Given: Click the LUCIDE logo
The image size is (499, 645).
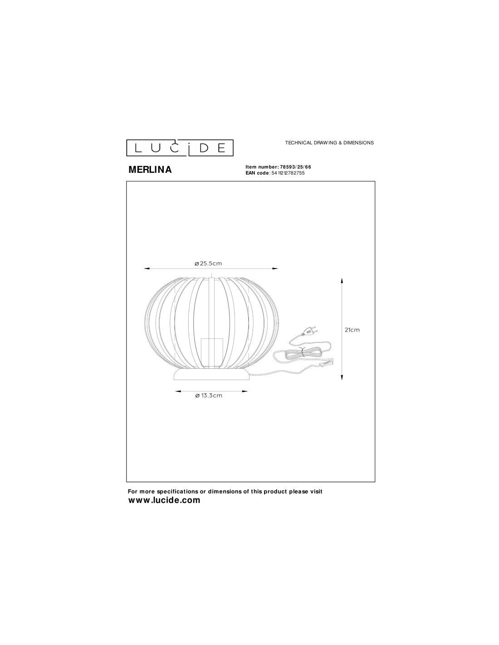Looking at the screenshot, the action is tap(180, 147).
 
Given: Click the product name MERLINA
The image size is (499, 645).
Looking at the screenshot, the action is tap(150, 170).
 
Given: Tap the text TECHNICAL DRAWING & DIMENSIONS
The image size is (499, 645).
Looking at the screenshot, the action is tap(329, 142).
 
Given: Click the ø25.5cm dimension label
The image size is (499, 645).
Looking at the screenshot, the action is tap(208, 263).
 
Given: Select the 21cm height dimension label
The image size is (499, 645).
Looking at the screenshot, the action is tap(352, 329).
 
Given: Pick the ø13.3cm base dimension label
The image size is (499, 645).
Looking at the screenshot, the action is tap(209, 396).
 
